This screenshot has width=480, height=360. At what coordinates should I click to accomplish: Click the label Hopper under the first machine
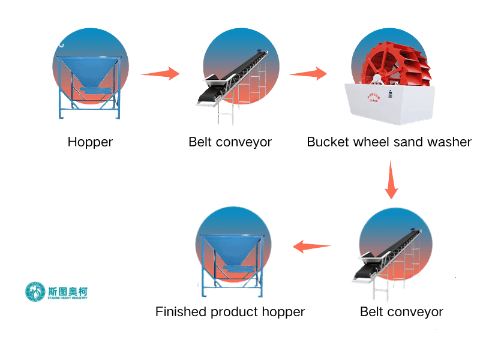pos(90,142)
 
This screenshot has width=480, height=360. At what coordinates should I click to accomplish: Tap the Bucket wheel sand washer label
pos(389,142)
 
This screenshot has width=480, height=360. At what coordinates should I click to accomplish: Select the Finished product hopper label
pos(230,311)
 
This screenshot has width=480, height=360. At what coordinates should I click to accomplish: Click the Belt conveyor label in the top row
pos(230,142)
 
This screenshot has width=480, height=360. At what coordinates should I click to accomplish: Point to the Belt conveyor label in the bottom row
pos(401,311)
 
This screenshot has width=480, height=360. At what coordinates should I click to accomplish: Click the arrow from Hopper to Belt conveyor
pos(160,74)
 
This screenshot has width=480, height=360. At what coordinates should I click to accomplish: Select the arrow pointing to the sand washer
pos(308,74)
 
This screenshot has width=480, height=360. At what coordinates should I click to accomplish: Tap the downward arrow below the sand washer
pos(391,179)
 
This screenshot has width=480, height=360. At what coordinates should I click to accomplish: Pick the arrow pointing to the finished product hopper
pos(312,245)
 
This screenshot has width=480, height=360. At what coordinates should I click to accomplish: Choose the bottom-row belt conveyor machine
pos(390,252)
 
